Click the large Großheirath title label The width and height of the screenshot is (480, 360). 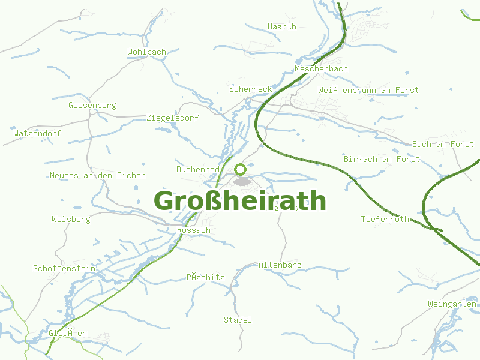coord(240,200)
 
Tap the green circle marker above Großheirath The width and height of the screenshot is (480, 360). coord(240,169)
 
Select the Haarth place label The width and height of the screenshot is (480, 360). coord(282,26)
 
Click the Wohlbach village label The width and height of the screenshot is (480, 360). coord(146,52)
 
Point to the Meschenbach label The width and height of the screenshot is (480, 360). coord(321,69)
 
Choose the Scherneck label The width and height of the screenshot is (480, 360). coord(250,89)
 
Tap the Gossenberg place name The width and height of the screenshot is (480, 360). coord(92,105)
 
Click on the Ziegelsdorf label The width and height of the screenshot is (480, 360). coord(172,118)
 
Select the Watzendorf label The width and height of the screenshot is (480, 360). coord(37,133)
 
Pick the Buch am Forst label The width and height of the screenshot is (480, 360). coord(443,144)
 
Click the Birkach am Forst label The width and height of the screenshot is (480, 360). coord(382,159)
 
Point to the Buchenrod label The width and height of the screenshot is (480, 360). coord(198,170)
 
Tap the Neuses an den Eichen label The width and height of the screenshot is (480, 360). coord(98,175)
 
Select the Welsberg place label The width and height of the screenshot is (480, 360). coord(71,219)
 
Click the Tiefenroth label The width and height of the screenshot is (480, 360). coord(385,219)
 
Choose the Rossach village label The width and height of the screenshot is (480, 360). coord(194,230)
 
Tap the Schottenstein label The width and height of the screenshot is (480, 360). coord(64,268)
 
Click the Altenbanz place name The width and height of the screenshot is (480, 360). coord(280,265)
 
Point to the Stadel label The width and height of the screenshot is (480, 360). coord(238,320)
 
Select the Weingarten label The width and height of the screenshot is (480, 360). coord(452,304)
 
